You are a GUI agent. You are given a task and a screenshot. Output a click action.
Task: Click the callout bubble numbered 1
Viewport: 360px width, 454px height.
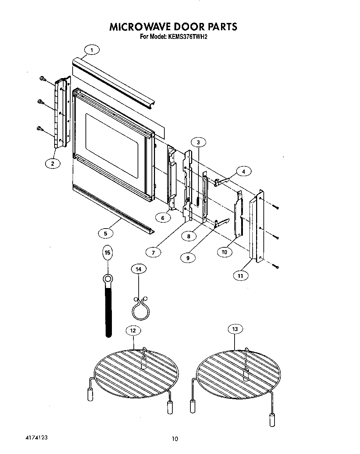[x=92, y=50]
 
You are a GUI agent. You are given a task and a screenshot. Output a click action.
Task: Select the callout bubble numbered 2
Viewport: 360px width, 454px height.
[x=53, y=164]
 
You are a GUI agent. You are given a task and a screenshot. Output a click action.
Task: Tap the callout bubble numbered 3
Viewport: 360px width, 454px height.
[x=198, y=142]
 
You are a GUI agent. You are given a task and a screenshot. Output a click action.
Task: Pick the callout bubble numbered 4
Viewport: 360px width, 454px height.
[x=244, y=171]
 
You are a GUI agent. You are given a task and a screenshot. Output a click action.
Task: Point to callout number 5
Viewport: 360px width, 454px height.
[x=106, y=233]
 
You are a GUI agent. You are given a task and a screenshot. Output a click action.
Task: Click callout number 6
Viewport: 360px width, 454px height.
[x=163, y=218]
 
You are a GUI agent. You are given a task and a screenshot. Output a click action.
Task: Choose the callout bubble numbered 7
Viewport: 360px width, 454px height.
[x=153, y=253]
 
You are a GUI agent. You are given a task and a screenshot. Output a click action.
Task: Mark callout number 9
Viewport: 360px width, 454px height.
[x=188, y=258]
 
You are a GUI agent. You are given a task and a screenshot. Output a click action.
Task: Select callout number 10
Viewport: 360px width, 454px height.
[x=224, y=252]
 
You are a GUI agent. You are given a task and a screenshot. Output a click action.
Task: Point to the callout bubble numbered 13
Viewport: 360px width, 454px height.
[x=235, y=329]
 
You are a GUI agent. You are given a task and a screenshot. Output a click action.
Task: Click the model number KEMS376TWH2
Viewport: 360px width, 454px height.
[x=188, y=38]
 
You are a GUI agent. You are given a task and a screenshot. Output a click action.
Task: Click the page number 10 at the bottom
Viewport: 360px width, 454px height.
[x=175, y=439]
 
